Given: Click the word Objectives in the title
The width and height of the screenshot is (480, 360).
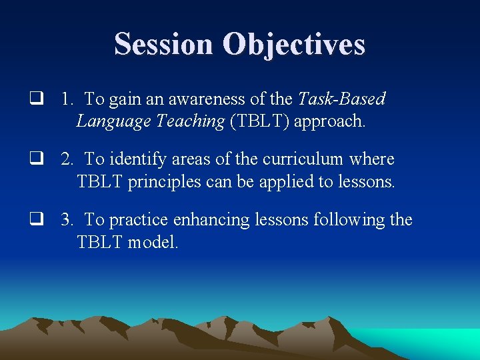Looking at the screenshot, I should point(294,44).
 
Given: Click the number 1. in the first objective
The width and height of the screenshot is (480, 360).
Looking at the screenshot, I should point(67,99).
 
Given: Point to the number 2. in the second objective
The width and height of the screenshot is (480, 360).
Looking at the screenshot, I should point(67,159).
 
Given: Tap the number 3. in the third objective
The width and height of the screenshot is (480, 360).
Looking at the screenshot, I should point(67,219).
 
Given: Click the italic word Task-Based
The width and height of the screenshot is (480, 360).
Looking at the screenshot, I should point(341,99).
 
